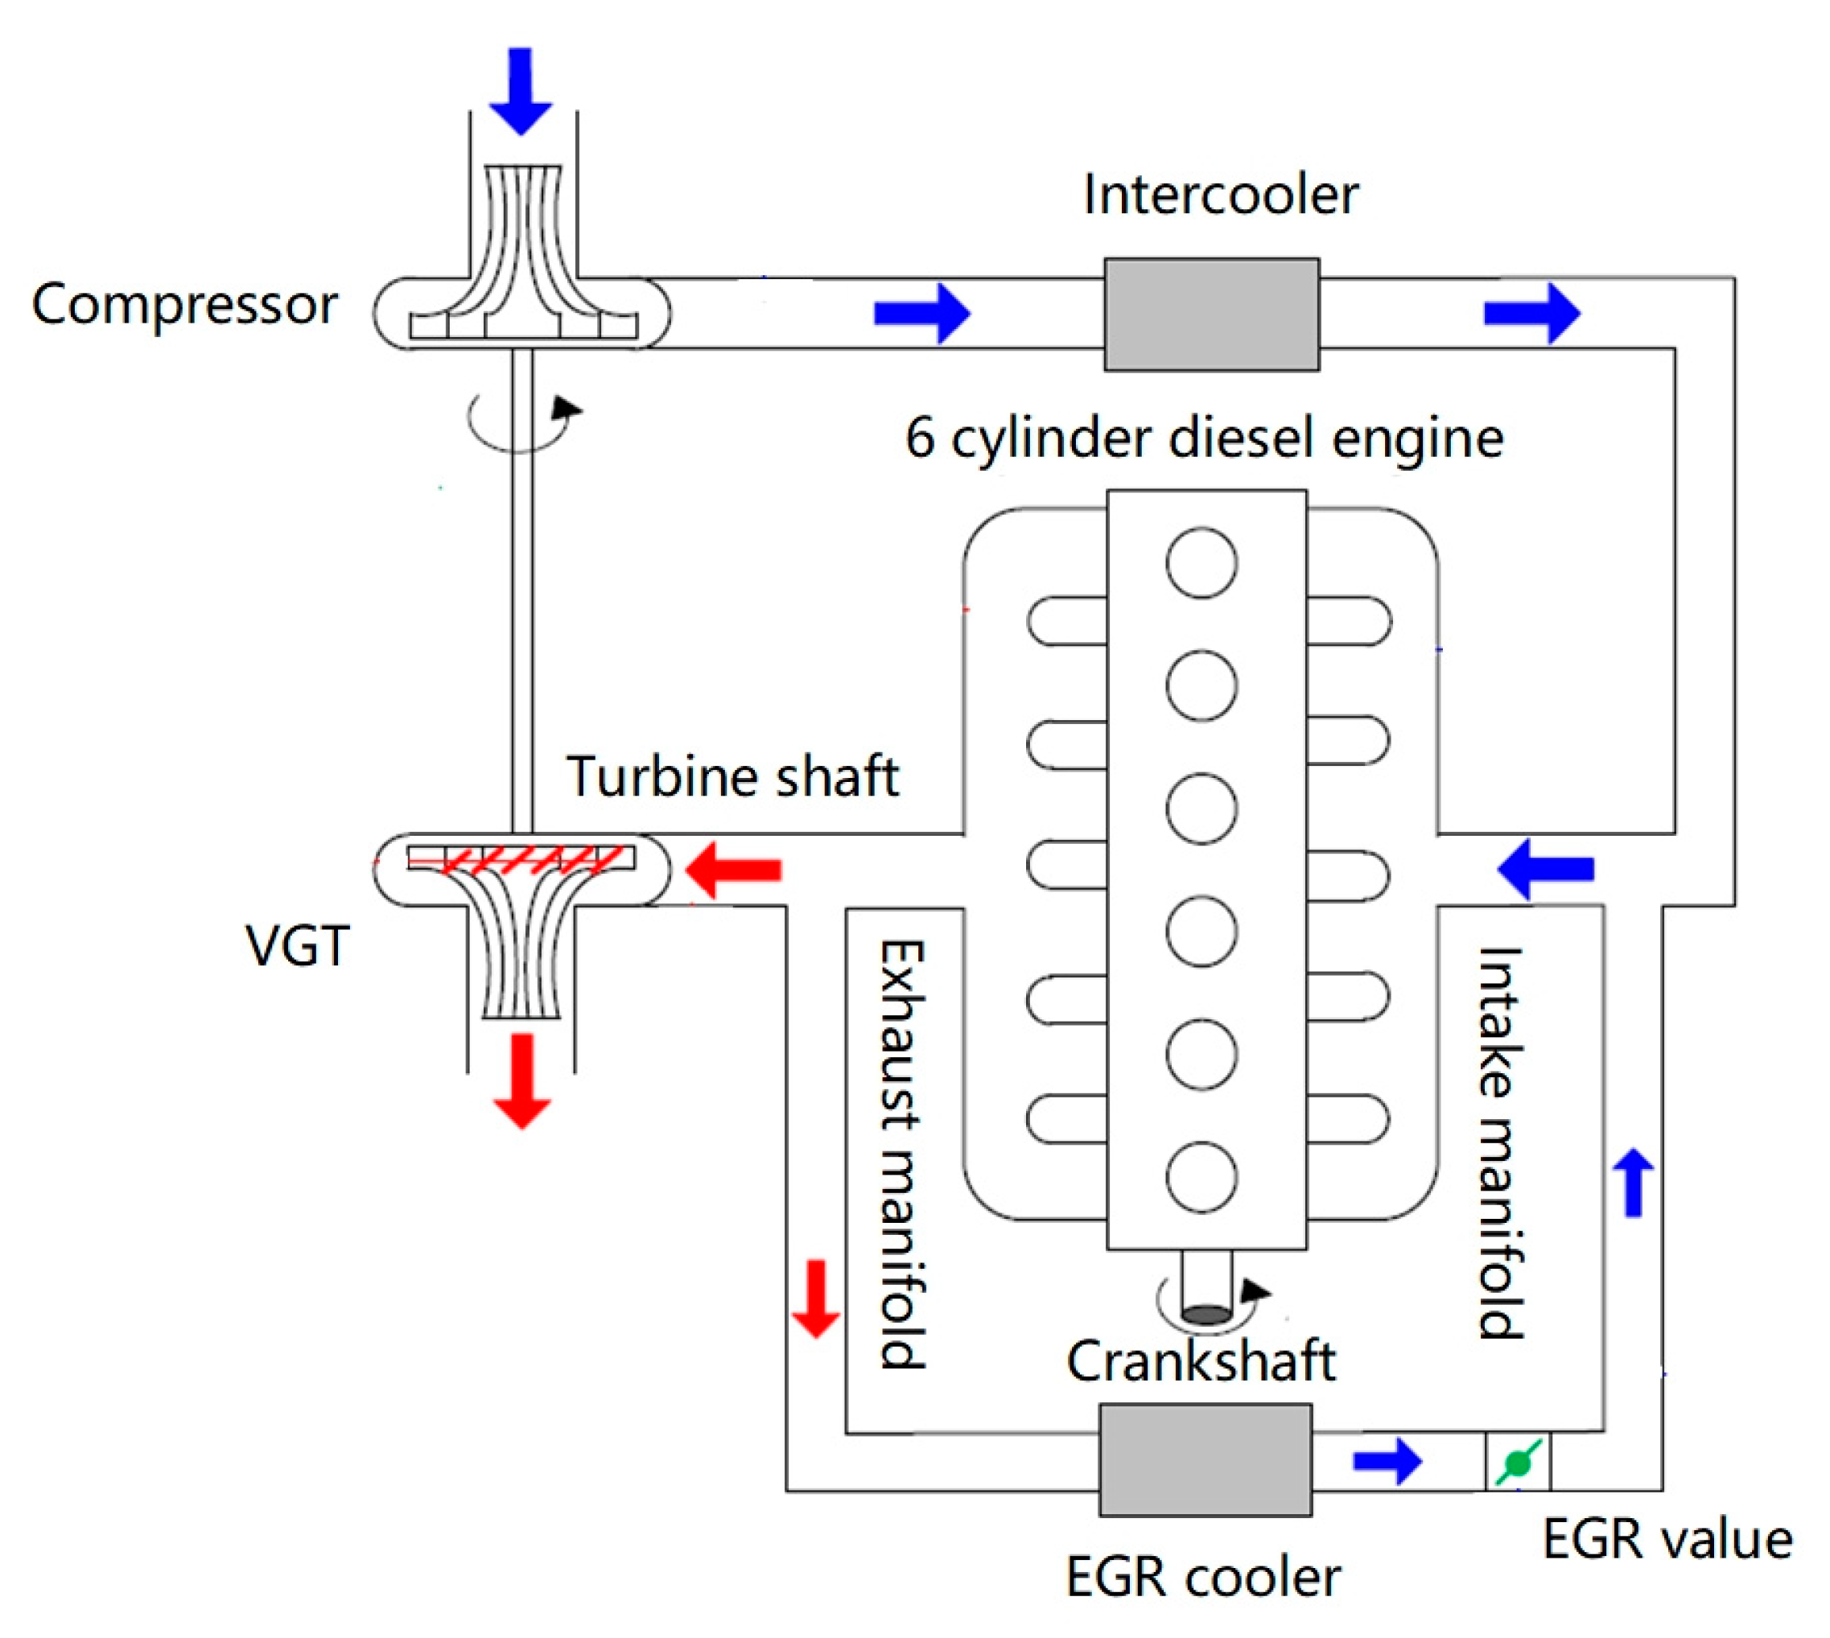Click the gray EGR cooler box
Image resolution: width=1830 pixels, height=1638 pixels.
tap(1205, 1461)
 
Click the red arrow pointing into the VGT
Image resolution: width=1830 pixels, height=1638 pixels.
tap(734, 870)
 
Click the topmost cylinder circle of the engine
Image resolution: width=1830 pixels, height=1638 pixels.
tap(1201, 563)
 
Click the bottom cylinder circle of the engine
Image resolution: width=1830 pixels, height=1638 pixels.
tap(1201, 1177)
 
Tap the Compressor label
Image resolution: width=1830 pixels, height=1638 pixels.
tap(184, 304)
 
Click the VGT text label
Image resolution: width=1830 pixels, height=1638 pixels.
tap(297, 946)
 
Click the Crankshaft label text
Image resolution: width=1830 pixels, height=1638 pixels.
tap(1200, 1360)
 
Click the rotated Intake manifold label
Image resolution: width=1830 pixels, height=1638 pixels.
tap(1501, 1143)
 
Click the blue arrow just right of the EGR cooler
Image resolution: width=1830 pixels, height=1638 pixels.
tap(1387, 1461)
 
